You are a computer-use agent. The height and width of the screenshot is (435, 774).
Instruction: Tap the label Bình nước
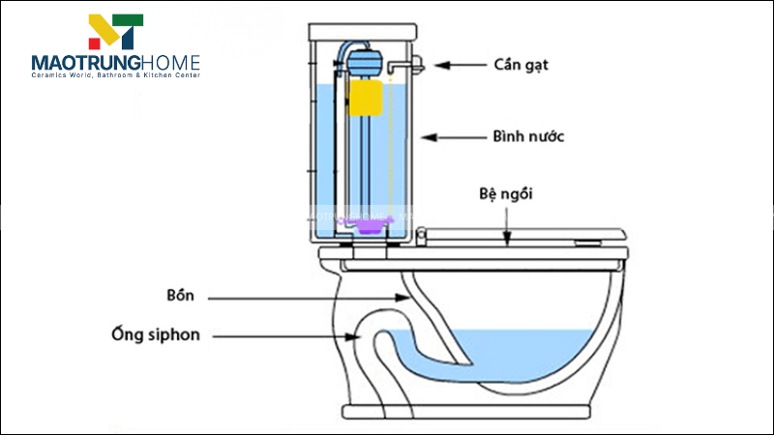[x=528, y=137]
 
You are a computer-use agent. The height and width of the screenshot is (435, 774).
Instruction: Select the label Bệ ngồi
[x=505, y=194]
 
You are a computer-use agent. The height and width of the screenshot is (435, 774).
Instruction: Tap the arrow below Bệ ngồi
[x=506, y=219]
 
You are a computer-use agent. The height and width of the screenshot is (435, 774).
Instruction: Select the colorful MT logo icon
[x=116, y=31]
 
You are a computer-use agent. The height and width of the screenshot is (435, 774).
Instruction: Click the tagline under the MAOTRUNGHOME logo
[x=115, y=75]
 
